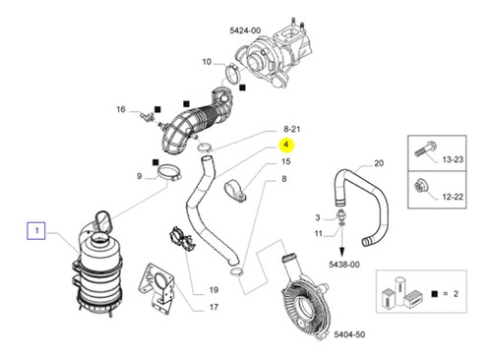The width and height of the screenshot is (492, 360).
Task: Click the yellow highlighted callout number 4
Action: (x=286, y=145)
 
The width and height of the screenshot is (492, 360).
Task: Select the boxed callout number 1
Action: (x=36, y=231)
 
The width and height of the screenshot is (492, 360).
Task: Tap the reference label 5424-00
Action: (x=245, y=30)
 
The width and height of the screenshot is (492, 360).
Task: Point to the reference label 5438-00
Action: (x=344, y=265)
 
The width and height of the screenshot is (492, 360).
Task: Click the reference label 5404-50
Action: (x=349, y=334)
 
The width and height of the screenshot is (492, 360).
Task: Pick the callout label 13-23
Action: (x=453, y=159)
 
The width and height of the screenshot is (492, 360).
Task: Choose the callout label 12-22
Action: (x=453, y=197)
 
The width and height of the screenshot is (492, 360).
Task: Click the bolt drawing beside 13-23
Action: (x=424, y=149)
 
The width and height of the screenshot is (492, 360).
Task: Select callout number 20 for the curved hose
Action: (x=379, y=163)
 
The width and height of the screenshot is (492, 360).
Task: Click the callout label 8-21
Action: (x=292, y=129)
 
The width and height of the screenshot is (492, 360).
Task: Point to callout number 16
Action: (x=121, y=109)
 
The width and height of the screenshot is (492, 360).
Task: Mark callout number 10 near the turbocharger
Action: (x=207, y=62)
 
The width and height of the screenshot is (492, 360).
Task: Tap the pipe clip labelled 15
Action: (x=235, y=191)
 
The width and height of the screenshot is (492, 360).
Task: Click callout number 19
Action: (x=214, y=290)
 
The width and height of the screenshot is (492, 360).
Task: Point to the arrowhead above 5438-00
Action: (x=342, y=253)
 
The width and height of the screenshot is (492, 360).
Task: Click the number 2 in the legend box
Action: (x=456, y=294)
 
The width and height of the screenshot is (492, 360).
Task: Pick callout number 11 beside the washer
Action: (x=319, y=234)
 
